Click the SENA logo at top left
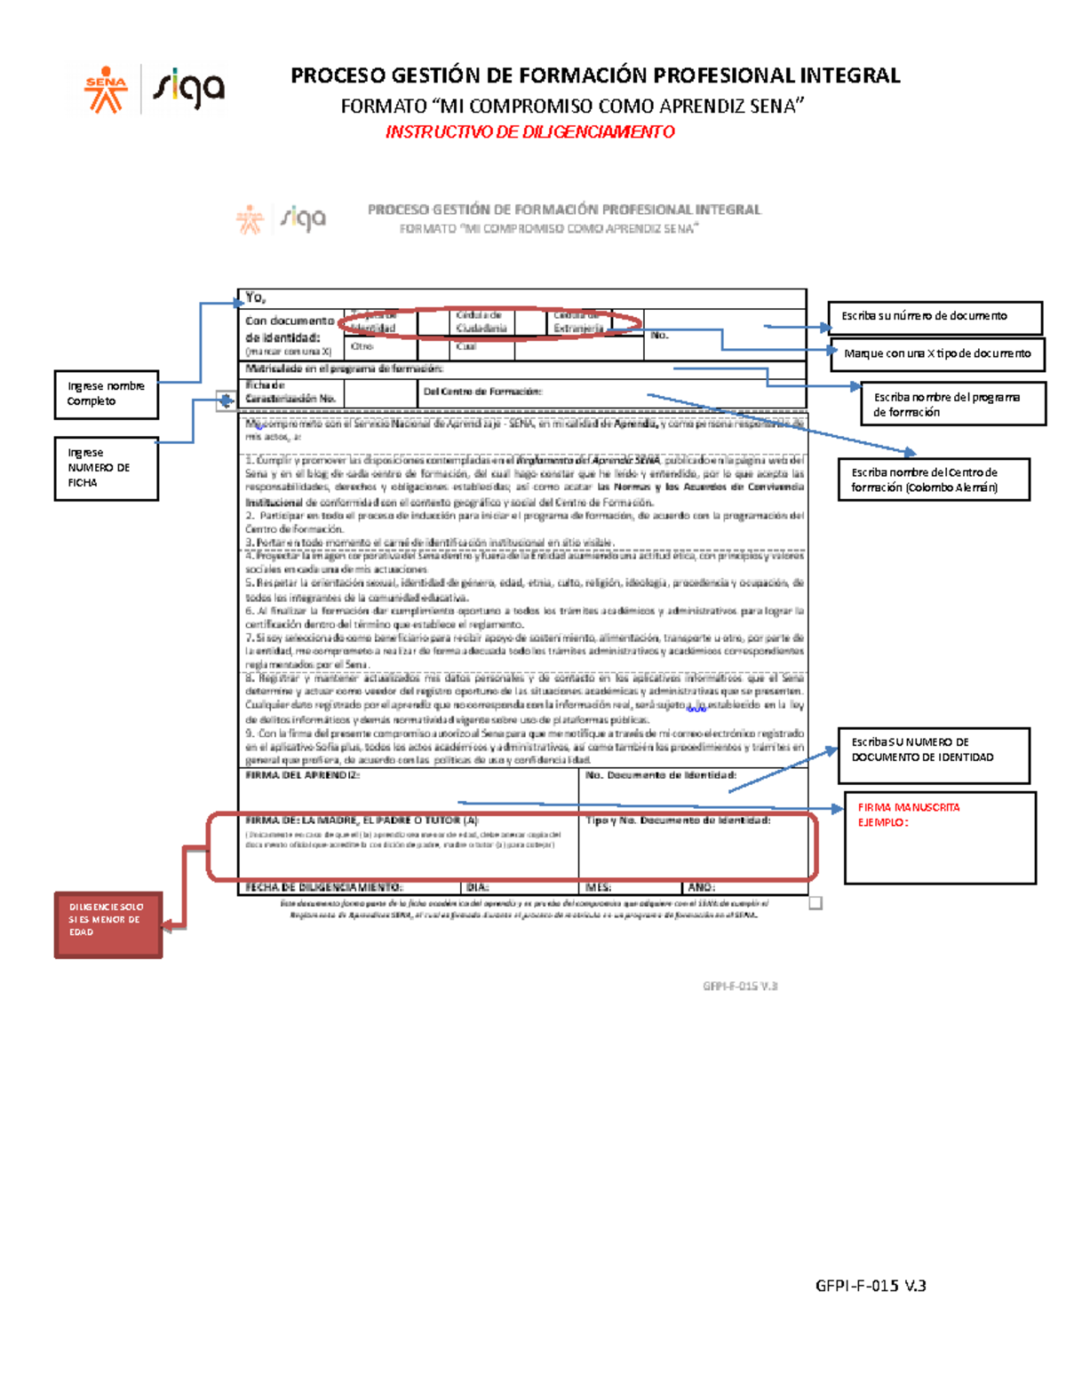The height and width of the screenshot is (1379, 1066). (106, 90)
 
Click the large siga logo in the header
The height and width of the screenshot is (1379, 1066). (188, 90)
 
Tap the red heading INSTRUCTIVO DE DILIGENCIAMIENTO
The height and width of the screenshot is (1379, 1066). (529, 132)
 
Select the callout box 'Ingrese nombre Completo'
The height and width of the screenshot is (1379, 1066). (107, 394)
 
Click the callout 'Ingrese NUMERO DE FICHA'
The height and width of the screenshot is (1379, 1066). (106, 468)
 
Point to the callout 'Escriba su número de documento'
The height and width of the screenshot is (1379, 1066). (935, 317)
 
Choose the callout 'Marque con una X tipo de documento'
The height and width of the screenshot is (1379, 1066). (937, 354)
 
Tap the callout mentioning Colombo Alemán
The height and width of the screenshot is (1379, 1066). (933, 480)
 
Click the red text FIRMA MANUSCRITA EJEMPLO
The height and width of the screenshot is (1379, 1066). (908, 815)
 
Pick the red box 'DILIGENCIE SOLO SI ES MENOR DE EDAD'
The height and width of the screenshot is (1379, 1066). (107, 923)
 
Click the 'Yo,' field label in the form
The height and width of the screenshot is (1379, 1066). (255, 298)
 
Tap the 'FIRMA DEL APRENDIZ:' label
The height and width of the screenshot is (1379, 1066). (302, 776)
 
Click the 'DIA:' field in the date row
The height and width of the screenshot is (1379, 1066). (478, 887)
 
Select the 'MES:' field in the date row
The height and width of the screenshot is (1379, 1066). (598, 887)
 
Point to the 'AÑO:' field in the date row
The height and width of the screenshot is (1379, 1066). (701, 887)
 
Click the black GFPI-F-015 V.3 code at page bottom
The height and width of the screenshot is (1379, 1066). (871, 1286)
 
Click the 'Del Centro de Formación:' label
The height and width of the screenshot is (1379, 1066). (482, 392)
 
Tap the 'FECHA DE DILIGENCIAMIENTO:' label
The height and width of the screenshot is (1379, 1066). (323, 887)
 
